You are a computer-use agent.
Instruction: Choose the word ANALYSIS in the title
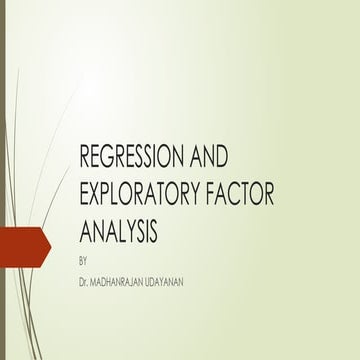[118, 233]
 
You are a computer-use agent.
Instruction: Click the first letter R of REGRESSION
[85, 157]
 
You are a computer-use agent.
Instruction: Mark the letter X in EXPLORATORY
[98, 195]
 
